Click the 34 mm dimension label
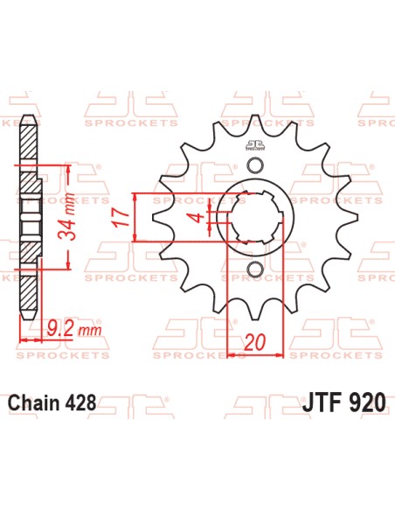[x=76, y=218]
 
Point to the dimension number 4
[x=199, y=217]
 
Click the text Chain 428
[x=52, y=405]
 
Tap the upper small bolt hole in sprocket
[x=254, y=166]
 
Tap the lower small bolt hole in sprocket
[x=254, y=268]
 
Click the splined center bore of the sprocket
[x=254, y=217]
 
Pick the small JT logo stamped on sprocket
[x=254, y=146]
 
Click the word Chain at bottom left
[x=33, y=405]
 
